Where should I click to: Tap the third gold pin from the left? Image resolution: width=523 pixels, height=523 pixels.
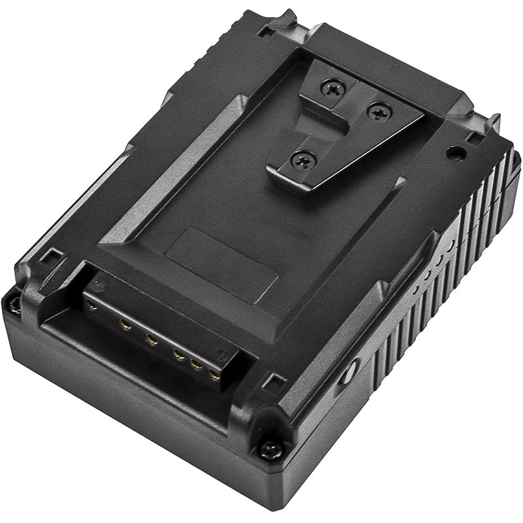[x=152, y=339]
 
